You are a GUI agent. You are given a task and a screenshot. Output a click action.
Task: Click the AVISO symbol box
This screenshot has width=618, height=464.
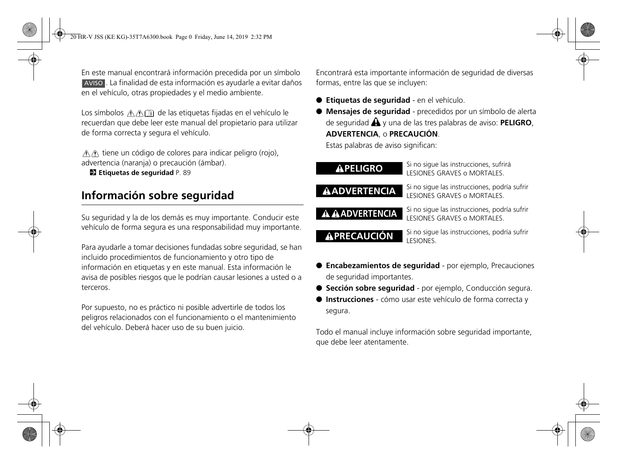tap(93, 83)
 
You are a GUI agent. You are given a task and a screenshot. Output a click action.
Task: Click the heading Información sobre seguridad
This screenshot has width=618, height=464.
tap(158, 195)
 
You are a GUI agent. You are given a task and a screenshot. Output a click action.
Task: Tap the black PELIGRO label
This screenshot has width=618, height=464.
tap(359, 168)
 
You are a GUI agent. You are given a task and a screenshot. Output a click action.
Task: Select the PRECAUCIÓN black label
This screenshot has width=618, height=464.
tap(359, 236)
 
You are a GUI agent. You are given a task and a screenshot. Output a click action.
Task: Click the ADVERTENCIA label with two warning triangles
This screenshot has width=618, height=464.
tap(359, 213)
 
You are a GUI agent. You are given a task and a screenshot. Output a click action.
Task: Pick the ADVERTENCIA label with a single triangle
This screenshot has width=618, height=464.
tap(359, 191)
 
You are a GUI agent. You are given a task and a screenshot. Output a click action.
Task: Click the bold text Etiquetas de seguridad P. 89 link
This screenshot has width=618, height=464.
tap(136, 173)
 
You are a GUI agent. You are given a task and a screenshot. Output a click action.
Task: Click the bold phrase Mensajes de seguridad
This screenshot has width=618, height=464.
tap(368, 112)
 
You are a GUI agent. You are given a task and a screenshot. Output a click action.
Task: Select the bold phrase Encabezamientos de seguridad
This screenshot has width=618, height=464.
tap(383, 266)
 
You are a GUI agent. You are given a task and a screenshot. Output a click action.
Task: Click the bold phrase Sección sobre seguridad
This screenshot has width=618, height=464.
tap(370, 288)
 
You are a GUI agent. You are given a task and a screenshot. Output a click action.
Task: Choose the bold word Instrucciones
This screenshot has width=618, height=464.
tap(350, 299)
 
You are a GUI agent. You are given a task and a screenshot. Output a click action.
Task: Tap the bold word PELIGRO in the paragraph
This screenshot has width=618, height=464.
tap(516, 123)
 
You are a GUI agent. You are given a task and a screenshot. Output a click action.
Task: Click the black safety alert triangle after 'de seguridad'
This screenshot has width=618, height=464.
tap(375, 123)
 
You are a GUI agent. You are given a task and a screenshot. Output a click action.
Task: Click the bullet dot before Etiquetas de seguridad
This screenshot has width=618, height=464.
tap(319, 100)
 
